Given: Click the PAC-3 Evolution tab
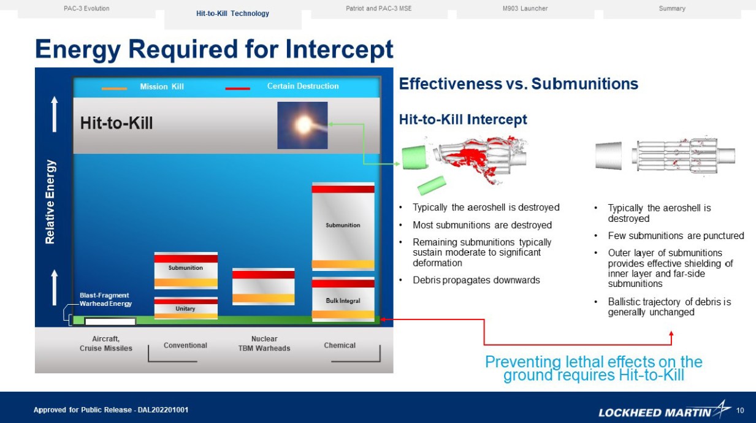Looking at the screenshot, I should (86, 9).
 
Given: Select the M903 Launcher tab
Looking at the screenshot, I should (525, 9).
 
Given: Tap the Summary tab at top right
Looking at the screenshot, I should (672, 9).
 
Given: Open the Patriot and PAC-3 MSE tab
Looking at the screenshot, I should (378, 9).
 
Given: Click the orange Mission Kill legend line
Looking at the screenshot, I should (115, 88).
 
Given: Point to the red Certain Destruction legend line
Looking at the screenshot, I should (237, 88).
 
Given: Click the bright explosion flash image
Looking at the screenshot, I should (302, 125).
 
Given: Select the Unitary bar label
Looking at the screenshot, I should (185, 309).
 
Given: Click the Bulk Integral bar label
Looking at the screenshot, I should (343, 301).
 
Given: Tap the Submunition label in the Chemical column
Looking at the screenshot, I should (343, 225).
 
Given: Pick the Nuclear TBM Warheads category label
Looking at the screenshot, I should (264, 343).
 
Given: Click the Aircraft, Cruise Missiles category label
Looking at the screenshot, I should (106, 343).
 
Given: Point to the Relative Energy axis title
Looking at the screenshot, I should (50, 202).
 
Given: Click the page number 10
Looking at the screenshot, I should (739, 410).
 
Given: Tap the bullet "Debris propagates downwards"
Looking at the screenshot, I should (476, 280).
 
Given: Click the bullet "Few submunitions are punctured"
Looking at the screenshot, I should (676, 236).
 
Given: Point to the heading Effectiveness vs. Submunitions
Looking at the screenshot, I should (518, 84).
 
